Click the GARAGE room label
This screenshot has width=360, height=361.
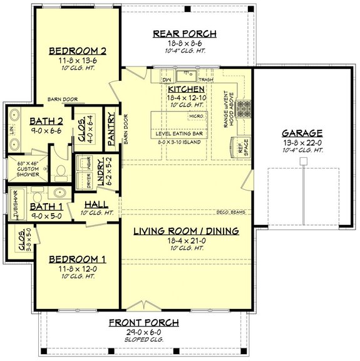point(302,133)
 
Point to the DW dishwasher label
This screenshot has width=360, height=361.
point(167,80)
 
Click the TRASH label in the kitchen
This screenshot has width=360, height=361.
point(205,80)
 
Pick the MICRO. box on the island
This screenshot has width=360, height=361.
point(195,117)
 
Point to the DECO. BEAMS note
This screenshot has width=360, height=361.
point(230,211)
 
